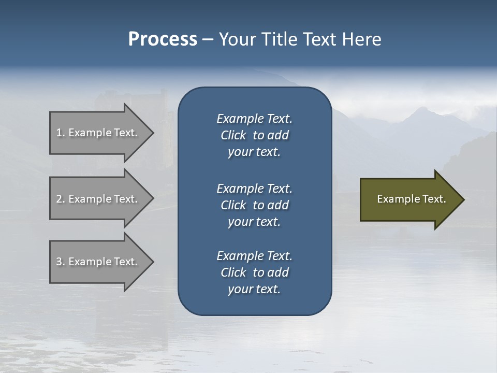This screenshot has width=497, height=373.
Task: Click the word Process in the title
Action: pos(163,39)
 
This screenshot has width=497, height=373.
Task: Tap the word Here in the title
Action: pos(361,39)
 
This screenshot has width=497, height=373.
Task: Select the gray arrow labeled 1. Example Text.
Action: pos(98,133)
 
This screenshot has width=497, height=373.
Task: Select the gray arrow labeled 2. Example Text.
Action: pos(98,199)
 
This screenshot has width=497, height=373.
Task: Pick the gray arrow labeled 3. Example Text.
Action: pos(98,262)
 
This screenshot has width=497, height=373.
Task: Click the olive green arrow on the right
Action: pos(409,199)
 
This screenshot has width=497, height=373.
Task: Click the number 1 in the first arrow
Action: pos(59,133)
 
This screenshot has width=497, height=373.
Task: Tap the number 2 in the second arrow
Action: pos(59,199)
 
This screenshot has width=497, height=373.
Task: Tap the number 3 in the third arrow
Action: pos(59,262)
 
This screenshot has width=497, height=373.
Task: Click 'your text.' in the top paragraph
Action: pos(254,152)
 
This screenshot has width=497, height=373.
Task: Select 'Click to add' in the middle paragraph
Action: pos(254,205)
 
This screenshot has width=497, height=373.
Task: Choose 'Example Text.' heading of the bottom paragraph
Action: pos(254,256)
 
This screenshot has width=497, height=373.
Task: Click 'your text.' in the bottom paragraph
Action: pos(254,290)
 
